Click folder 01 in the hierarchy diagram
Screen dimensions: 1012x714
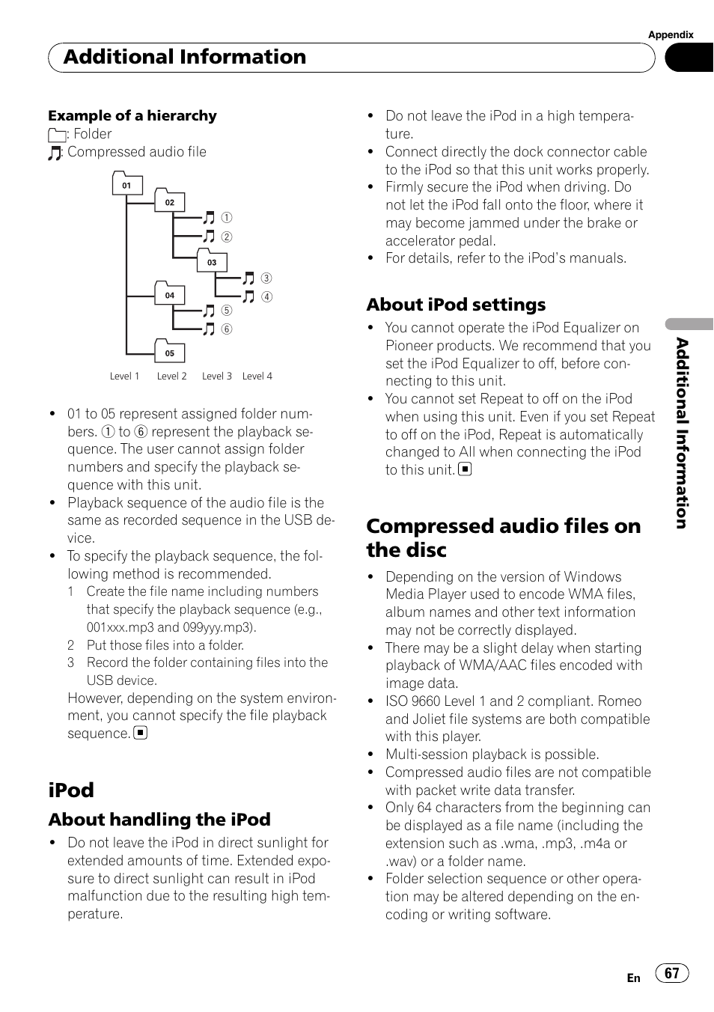pyautogui.click(x=127, y=184)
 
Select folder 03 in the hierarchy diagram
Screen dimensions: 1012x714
pyautogui.click(x=212, y=261)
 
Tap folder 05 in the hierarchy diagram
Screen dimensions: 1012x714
pyautogui.click(x=170, y=353)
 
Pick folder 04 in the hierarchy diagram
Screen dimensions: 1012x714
pyautogui.click(x=170, y=295)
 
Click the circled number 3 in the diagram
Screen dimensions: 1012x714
pyautogui.click(x=266, y=278)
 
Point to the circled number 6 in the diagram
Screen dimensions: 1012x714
pyautogui.click(x=226, y=329)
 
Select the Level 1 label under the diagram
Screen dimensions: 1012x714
pyautogui.click(x=124, y=377)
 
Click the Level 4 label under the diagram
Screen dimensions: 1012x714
pyautogui.click(x=257, y=377)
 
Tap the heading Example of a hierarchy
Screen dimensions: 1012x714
pyautogui.click(x=132, y=116)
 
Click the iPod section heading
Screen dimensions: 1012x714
pyautogui.click(x=71, y=790)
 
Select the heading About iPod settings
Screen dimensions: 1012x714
pyautogui.click(x=456, y=305)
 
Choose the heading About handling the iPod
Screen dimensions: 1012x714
pyautogui.click(x=159, y=820)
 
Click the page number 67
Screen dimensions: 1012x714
pyautogui.click(x=672, y=973)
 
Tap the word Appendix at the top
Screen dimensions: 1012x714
pyautogui.click(x=671, y=34)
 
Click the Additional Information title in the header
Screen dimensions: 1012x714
pyautogui.click(x=185, y=57)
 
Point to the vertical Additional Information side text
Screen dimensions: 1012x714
pyautogui.click(x=681, y=433)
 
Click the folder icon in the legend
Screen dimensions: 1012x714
pyautogui.click(x=56, y=135)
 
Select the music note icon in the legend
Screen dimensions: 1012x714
pyautogui.click(x=55, y=153)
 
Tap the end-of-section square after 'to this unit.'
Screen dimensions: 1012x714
pyautogui.click(x=465, y=470)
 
